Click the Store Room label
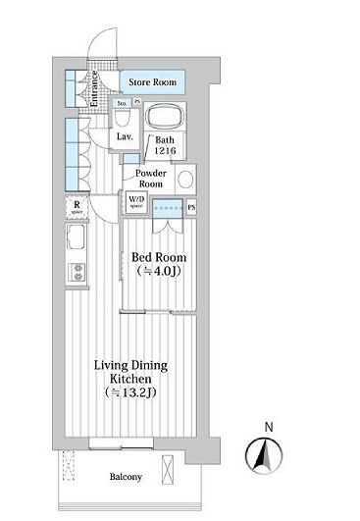153,83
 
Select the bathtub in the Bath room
165,121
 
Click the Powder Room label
155,179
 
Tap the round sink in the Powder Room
190,180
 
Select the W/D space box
135,203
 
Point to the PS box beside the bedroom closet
191,207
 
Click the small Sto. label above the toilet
122,102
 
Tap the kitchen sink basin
77,240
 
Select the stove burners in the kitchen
77,272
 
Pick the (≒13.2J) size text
130,391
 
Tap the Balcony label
125,477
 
